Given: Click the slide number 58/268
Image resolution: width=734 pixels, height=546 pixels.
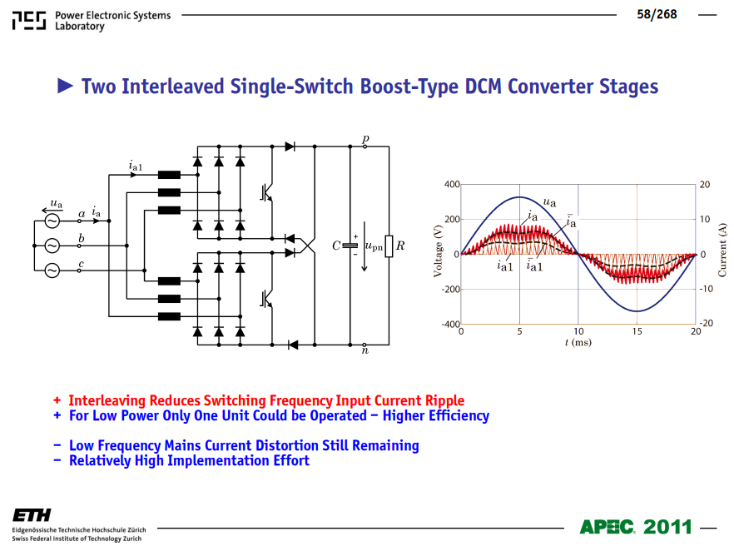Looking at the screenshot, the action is (657, 14).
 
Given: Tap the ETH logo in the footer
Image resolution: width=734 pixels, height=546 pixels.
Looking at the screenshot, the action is (32, 515).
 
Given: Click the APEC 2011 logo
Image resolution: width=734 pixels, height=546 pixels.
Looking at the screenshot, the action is (636, 527).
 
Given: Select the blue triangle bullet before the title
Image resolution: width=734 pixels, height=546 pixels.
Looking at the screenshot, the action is (65, 86).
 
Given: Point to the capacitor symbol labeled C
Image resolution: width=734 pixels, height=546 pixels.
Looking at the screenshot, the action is (350, 246).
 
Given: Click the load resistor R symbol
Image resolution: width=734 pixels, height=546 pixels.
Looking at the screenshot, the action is (389, 246).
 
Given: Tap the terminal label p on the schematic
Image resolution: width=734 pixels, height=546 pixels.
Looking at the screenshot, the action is (365, 139).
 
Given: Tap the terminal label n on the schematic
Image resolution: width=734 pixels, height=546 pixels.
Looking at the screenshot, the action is (365, 350).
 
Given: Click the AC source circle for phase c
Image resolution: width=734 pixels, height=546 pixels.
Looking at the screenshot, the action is (52, 271).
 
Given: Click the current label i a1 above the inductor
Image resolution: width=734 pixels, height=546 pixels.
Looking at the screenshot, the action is (136, 166).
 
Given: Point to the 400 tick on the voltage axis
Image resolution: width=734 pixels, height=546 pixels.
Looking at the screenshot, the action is (452, 184).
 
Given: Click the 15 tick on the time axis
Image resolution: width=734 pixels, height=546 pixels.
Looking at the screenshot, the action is (637, 331).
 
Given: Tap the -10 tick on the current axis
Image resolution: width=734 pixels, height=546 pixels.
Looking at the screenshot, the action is (706, 289).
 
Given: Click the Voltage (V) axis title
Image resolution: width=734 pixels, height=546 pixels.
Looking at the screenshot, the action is (438, 251).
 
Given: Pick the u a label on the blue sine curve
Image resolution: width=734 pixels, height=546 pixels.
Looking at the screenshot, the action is (549, 201).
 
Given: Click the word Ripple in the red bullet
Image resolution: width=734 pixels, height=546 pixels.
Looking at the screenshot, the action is (444, 401).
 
